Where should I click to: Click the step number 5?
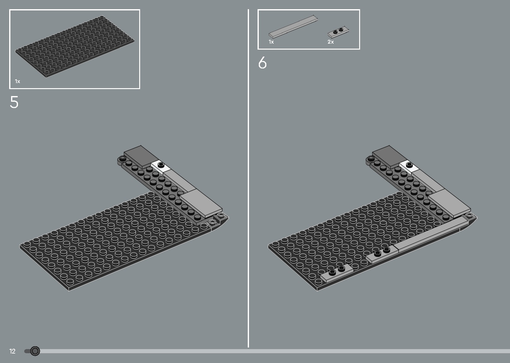pos(14,102)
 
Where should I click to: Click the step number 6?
pos(262,63)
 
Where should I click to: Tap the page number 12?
pos(12,351)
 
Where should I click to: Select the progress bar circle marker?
pos(35,351)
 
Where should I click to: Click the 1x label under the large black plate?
pos(18,82)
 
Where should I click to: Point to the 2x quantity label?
pos(330,42)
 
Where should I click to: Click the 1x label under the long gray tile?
pos(271,42)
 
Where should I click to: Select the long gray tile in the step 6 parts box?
pos(293,27)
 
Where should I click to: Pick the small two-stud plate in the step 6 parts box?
pos(339,31)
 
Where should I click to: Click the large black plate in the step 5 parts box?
pos(75,46)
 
